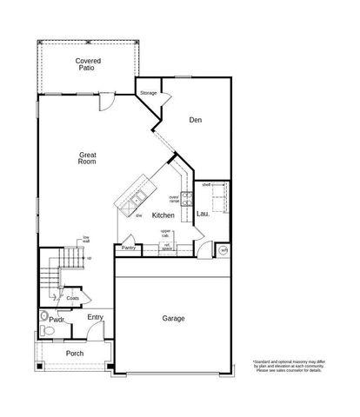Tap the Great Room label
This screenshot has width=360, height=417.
87,158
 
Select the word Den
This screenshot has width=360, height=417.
196,121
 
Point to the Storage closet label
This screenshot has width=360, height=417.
148,93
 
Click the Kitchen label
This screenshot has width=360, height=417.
163,215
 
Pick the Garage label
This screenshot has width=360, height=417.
173,319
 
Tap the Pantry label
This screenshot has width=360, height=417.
128,248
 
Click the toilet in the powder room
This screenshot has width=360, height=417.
46,331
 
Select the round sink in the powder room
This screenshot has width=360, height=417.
47,317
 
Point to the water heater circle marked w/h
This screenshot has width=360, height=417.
223,250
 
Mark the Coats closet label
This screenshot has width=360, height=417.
72,298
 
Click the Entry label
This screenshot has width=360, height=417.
96,317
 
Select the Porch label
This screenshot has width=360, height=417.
75,354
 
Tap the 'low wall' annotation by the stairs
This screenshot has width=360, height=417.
86,240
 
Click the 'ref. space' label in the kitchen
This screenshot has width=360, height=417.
167,247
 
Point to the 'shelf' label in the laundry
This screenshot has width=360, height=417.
207,185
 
